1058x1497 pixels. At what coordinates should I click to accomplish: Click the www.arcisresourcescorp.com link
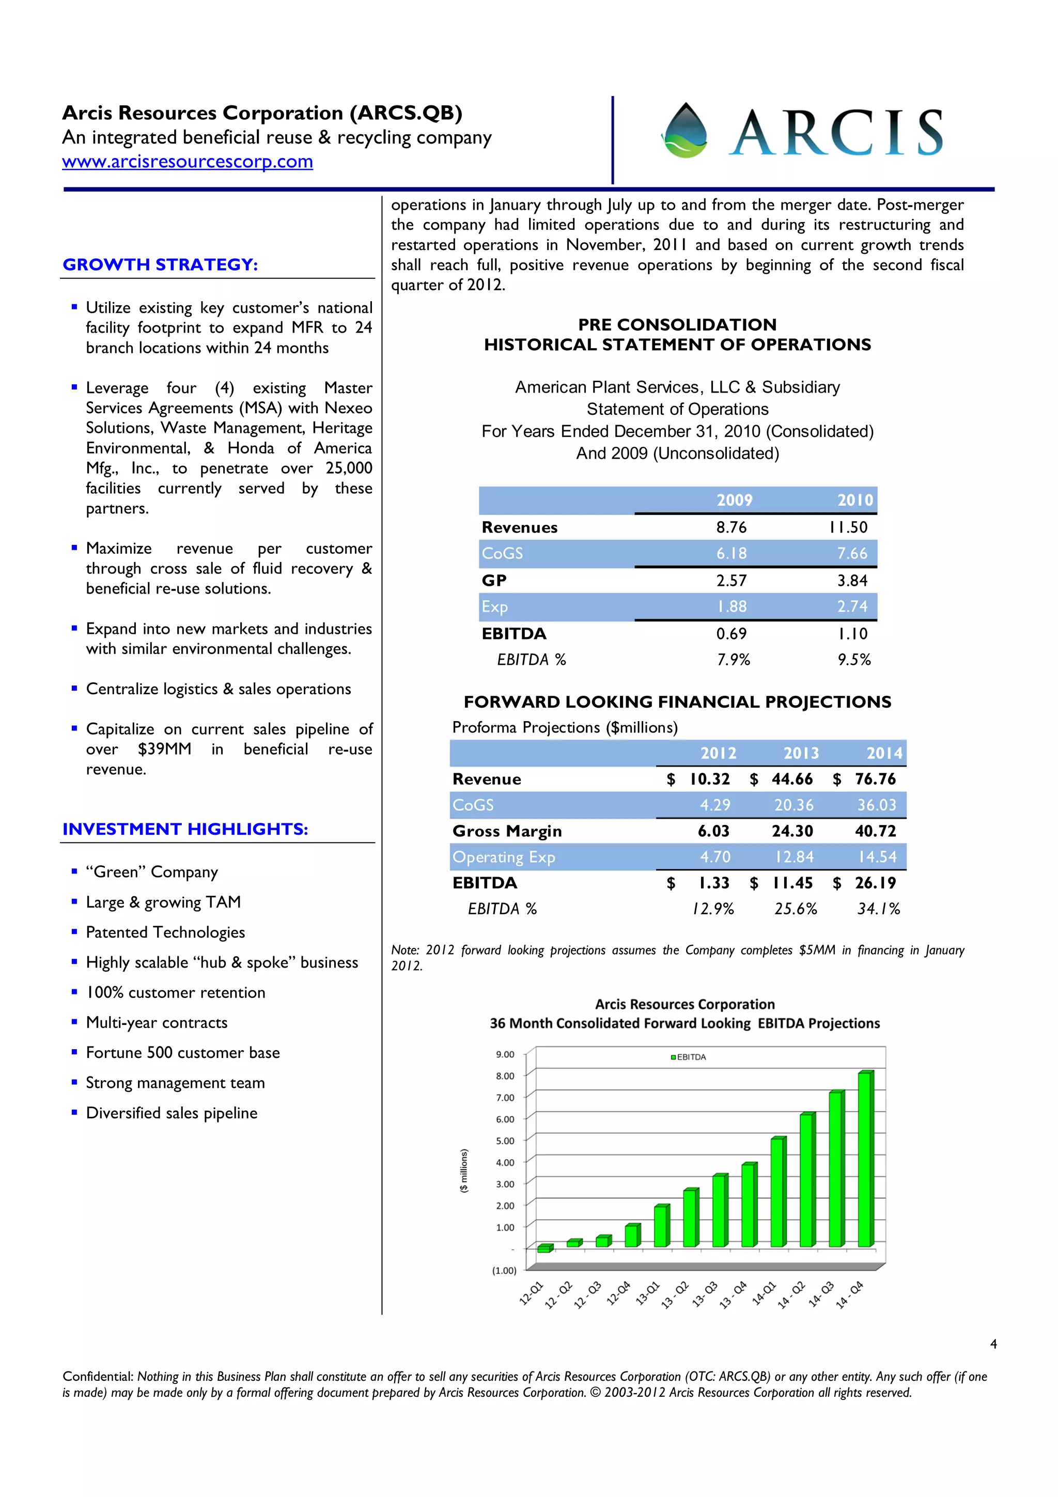[187, 161]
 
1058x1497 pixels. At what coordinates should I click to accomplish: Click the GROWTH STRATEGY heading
[160, 264]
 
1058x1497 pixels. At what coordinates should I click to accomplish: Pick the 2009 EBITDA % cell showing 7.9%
[734, 660]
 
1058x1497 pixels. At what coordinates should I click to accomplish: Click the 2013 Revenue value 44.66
[792, 779]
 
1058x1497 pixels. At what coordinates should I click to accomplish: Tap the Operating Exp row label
[503, 857]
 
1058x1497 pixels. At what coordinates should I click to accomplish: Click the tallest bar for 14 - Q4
[865, 1159]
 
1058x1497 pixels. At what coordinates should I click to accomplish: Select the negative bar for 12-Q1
[544, 1249]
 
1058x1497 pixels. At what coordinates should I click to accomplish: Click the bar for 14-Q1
[777, 1192]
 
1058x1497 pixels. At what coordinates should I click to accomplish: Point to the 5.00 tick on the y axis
[505, 1141]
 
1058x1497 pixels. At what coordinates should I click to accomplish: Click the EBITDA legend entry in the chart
[689, 1057]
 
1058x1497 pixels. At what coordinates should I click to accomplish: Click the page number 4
[993, 1344]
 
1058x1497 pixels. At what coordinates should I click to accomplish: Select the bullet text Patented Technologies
[166, 932]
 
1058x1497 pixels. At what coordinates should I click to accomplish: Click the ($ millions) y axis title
[464, 1171]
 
